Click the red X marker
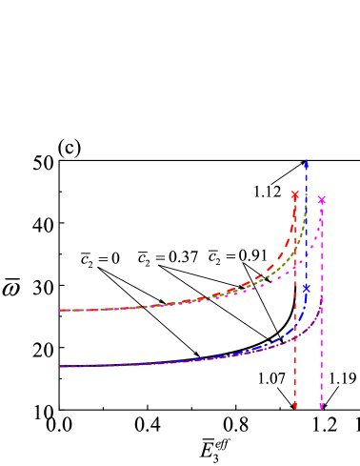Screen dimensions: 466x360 pyautogui.click(x=295, y=195)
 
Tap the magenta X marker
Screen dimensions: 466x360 pyautogui.click(x=322, y=200)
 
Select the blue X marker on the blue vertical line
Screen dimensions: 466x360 pyautogui.click(x=307, y=287)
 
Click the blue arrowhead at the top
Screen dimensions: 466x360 pyautogui.click(x=307, y=164)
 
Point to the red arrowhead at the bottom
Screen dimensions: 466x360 pyautogui.click(x=295, y=407)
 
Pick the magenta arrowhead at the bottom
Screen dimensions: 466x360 pyautogui.click(x=322, y=407)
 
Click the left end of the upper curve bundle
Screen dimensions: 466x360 pyautogui.click(x=60, y=310)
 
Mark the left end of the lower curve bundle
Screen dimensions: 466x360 pyautogui.click(x=60, y=366)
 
